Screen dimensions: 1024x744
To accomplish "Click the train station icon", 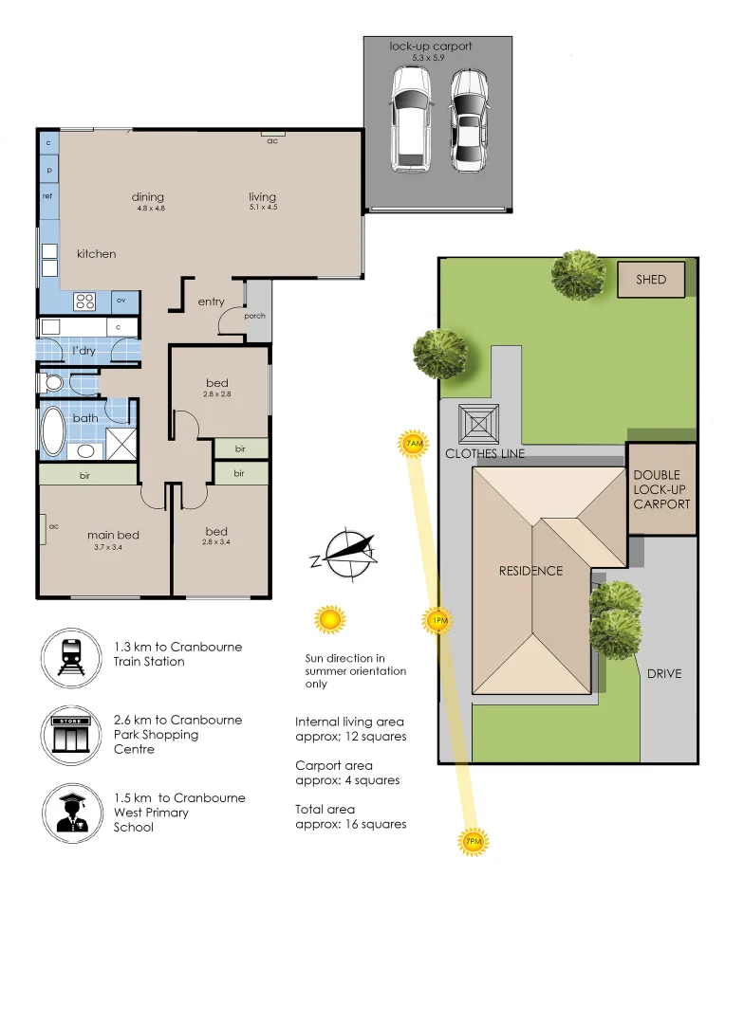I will point(70,655).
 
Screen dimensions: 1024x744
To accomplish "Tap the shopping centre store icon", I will point(70,734).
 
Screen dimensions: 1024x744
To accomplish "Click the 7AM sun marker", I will point(413,444).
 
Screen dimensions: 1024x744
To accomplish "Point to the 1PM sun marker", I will point(437,621).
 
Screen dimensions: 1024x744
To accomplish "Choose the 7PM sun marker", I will point(472,841).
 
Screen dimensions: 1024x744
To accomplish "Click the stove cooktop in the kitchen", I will point(85,302).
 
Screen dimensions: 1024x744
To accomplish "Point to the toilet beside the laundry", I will point(53,383).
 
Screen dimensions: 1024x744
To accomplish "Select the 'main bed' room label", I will point(114,535).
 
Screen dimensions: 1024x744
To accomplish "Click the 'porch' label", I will point(254,316).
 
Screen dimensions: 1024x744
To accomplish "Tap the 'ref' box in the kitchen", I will point(47,195).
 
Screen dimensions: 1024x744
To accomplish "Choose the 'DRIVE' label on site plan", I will point(664,674).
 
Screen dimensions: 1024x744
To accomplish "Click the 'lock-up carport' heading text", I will point(430,46).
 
